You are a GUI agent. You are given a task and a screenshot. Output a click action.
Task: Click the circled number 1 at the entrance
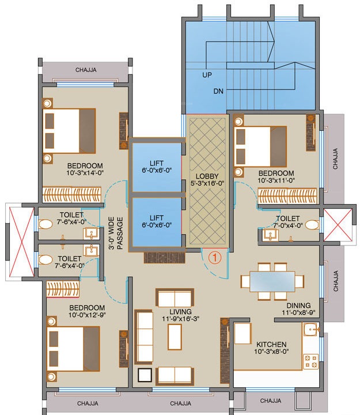(x=215, y=258)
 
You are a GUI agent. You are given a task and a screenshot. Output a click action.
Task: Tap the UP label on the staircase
(x=207, y=75)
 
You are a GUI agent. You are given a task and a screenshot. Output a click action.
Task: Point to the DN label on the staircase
(x=218, y=91)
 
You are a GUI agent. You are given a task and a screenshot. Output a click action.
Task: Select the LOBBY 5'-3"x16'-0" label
(x=207, y=179)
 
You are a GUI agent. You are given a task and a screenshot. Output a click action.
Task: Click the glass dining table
(x=272, y=281)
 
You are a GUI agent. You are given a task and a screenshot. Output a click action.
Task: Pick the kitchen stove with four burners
(x=310, y=361)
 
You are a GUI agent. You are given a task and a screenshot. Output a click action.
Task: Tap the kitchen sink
(x=311, y=330)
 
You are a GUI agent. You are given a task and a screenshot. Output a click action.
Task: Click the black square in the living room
(x=145, y=375)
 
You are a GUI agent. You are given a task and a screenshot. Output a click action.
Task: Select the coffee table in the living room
(x=175, y=337)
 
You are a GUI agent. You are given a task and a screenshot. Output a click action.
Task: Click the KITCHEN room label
(x=271, y=345)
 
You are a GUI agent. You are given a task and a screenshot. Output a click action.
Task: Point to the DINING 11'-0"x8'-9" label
(x=298, y=309)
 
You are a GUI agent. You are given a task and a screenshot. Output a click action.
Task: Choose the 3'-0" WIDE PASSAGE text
(x=116, y=233)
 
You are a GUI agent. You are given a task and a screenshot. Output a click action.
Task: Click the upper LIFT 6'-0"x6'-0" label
(x=157, y=167)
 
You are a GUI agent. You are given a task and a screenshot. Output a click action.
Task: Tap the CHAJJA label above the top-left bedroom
(x=86, y=70)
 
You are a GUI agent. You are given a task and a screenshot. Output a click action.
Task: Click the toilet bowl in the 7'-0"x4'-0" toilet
(x=312, y=225)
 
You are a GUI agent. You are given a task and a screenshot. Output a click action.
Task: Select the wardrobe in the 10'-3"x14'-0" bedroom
(x=71, y=195)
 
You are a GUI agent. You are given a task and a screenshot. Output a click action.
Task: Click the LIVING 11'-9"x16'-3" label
(x=181, y=315)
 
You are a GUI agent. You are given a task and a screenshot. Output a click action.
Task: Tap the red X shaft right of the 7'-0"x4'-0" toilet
(x=338, y=225)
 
